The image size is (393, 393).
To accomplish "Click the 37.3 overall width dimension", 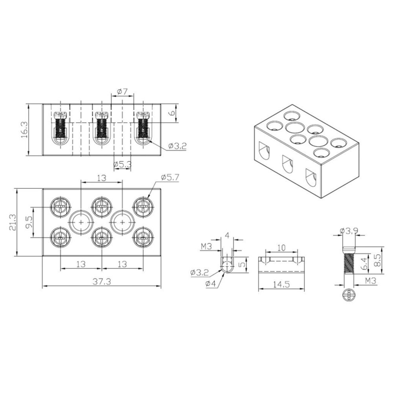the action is click(x=102, y=281).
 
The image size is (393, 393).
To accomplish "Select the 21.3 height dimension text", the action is click(x=12, y=222).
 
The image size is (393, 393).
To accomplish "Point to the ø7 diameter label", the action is click(x=122, y=92).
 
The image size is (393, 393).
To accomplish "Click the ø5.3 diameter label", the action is click(x=122, y=165).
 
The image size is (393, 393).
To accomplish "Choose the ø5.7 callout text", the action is click(x=170, y=178).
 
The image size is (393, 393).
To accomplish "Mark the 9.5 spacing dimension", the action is click(x=29, y=222).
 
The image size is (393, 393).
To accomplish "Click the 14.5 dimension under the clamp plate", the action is click(x=281, y=284).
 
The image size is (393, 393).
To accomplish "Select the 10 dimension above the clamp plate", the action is click(x=281, y=248).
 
